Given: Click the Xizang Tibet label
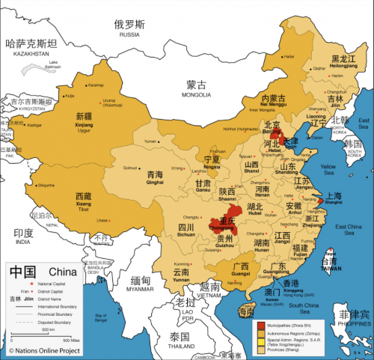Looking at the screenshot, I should coord(84,201).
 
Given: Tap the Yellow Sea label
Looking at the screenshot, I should coord(328,168).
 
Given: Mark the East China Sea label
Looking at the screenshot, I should coord(349,229).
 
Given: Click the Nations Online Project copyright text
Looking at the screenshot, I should coord(43,350).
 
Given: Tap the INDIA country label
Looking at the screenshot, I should coord(23,238).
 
